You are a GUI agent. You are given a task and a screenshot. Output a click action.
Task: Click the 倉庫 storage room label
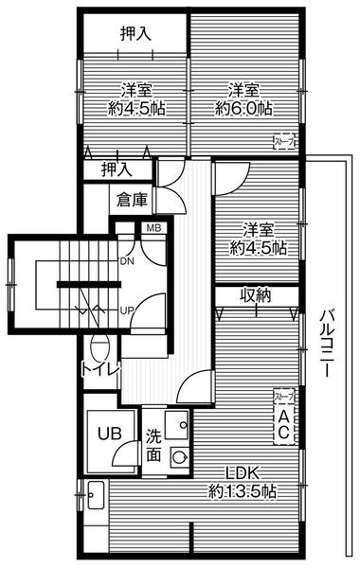tap(133, 200)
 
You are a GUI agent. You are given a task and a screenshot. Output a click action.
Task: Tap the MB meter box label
tap(152, 226)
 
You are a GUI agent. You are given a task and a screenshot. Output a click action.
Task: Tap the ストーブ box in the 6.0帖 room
tap(282, 143)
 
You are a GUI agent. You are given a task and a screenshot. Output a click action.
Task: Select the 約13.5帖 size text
tap(243, 492)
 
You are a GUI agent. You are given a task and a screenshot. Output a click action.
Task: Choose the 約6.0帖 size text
tap(243, 108)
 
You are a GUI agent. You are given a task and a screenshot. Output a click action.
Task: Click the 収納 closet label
tap(255, 295)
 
